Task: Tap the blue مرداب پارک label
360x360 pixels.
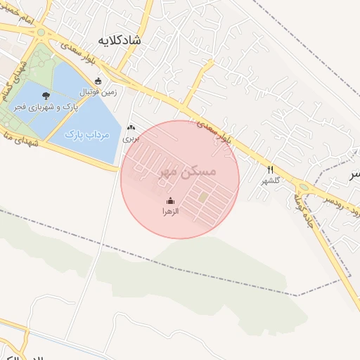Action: [84, 133]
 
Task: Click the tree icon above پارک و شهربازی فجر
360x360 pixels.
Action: [46, 95]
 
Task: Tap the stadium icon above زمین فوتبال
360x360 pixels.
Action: [98, 81]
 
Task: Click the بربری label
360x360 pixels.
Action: [131, 139]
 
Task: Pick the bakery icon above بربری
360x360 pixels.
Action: [131, 128]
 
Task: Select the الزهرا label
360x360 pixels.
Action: [171, 210]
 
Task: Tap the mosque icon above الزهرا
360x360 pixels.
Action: [169, 200]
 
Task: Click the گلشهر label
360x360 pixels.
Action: [271, 180]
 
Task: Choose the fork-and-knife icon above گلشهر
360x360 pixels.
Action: [271, 169]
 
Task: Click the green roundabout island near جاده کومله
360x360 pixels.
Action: [303, 187]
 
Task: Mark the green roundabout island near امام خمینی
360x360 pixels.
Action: [41, 32]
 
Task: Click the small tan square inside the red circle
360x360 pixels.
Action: [202, 198]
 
